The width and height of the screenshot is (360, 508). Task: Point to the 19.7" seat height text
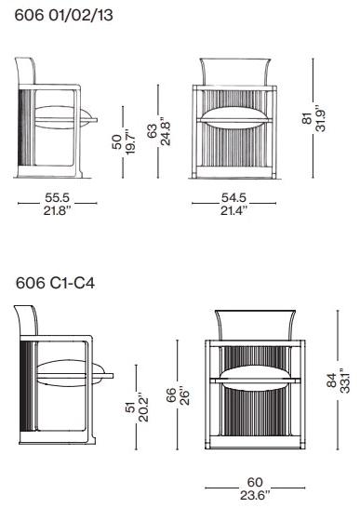click(130, 144)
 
